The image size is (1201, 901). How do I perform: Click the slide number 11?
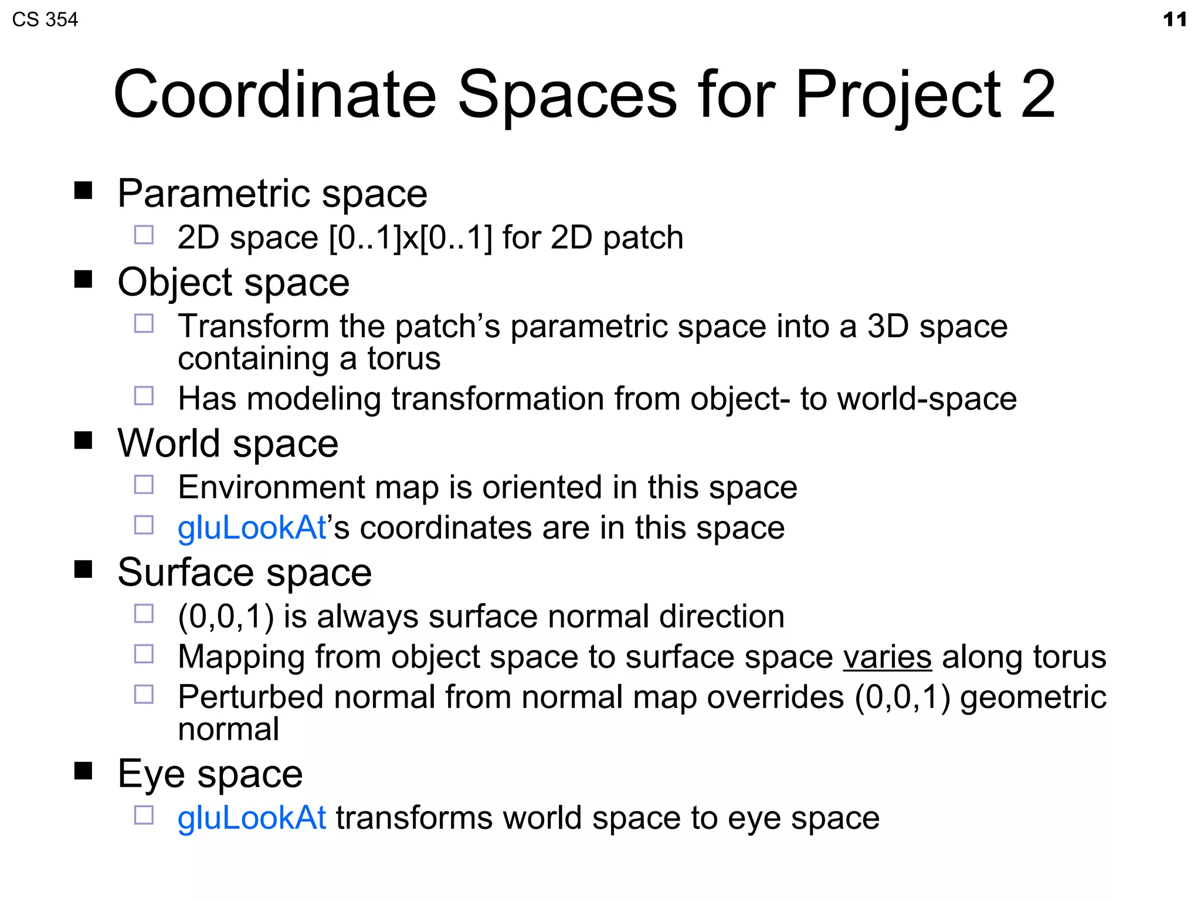1175,19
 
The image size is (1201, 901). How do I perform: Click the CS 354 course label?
45,19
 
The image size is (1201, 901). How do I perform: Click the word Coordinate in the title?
274,94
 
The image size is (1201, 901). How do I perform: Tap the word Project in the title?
898,94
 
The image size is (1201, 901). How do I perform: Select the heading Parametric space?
272,193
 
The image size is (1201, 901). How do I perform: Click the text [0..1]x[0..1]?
410,238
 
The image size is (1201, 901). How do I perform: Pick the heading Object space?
233,282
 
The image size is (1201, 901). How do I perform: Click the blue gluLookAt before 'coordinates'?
252,527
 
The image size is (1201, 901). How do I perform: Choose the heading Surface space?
245,572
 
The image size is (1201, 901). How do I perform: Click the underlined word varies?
887,656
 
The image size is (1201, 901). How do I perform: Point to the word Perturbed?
250,697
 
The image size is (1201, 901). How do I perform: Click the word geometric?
1033,697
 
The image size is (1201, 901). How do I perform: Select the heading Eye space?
210,774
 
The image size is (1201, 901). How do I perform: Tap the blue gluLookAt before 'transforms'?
252,818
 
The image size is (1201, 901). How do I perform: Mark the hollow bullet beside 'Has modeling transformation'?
144,396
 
